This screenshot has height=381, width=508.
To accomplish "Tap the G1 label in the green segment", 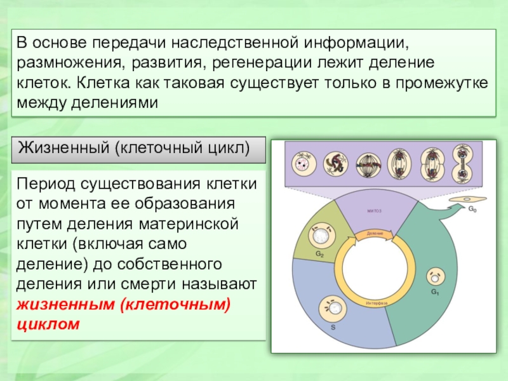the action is [436, 291].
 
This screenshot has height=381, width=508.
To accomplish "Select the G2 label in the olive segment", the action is [319, 255].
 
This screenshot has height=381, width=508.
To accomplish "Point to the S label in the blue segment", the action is [331, 328].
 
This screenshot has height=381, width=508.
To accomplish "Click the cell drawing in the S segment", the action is [335, 310].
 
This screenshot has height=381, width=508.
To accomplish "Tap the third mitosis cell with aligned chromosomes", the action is [368, 164].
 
